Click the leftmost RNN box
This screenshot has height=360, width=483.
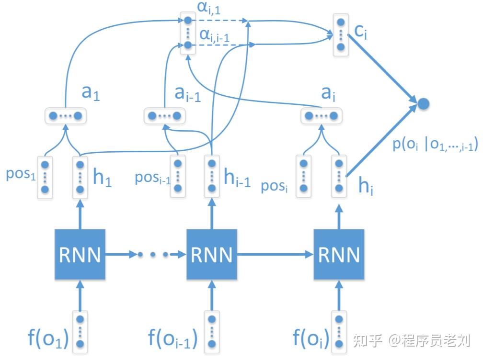[x=80, y=254]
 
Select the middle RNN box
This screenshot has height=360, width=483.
[x=211, y=254]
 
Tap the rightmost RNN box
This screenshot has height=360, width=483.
[x=339, y=254]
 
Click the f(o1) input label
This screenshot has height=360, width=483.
[x=48, y=338]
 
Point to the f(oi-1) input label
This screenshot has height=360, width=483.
[x=173, y=338]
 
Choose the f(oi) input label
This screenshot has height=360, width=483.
[x=311, y=338]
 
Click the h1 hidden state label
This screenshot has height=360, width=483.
[x=102, y=179]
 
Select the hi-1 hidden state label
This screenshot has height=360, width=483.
[x=237, y=179]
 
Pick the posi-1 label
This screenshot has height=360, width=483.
[x=152, y=179]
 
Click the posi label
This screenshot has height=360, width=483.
[x=275, y=185]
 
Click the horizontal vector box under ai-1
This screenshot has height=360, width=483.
[x=164, y=115]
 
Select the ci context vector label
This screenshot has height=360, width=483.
[x=360, y=32]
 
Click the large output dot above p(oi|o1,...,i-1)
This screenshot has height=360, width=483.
[x=423, y=103]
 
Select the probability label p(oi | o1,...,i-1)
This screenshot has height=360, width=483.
[x=435, y=145]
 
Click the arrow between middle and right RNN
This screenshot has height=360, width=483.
[x=276, y=255]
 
